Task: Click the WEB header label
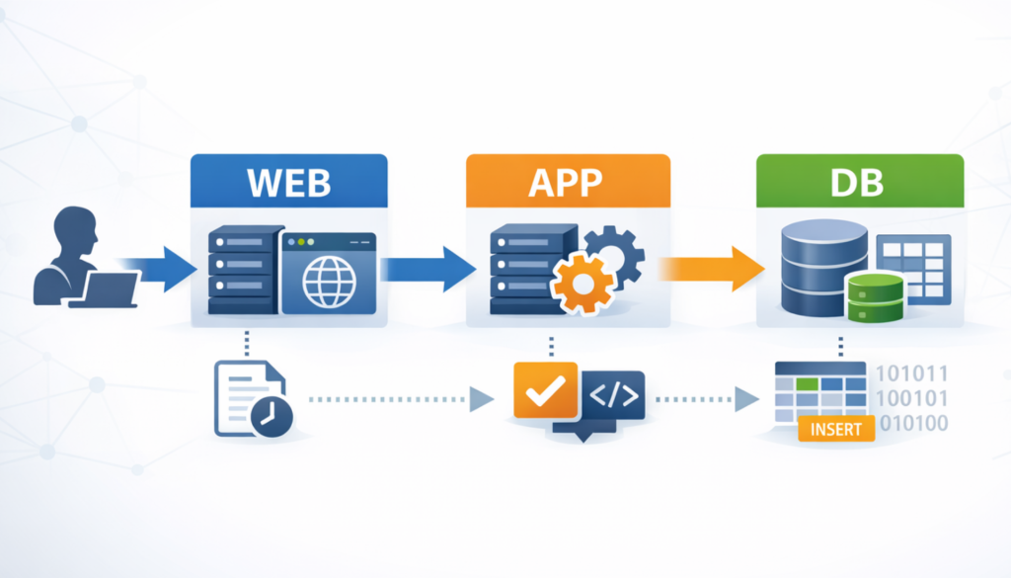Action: click(x=287, y=184)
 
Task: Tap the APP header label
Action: click(x=567, y=184)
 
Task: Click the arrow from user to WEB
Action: click(x=162, y=267)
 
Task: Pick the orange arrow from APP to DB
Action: click(x=711, y=267)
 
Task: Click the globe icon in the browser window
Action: click(x=329, y=283)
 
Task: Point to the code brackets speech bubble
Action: click(x=612, y=397)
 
